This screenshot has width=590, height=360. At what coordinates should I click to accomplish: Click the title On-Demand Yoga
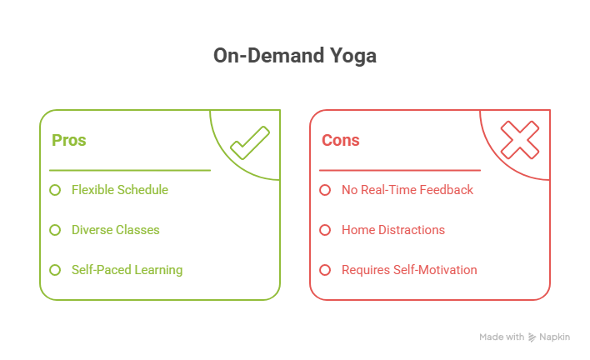click(x=295, y=56)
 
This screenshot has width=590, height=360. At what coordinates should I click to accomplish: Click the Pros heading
click(x=69, y=140)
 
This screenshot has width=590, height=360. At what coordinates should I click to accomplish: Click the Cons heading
click(x=341, y=140)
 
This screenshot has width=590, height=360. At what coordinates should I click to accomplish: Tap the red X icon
click(x=519, y=140)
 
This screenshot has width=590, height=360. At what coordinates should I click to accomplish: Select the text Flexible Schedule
click(x=120, y=190)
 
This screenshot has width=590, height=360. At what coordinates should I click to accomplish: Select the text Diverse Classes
click(x=116, y=230)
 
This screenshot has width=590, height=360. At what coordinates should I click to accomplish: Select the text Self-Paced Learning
click(x=127, y=270)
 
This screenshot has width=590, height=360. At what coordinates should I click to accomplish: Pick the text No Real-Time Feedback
click(x=407, y=190)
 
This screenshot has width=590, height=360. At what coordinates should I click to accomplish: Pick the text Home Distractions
click(x=393, y=230)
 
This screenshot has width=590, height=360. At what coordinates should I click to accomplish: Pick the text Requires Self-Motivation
click(x=409, y=270)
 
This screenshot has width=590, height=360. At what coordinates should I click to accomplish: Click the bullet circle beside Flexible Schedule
click(x=55, y=190)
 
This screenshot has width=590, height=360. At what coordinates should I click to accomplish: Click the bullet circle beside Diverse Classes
click(x=55, y=230)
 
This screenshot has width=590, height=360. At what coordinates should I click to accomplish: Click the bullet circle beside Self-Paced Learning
click(x=55, y=270)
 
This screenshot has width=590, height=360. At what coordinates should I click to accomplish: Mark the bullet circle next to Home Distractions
click(x=325, y=230)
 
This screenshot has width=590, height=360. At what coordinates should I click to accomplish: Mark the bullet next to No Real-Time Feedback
click(x=325, y=190)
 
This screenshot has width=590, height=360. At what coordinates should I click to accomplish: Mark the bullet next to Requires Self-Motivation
click(x=325, y=270)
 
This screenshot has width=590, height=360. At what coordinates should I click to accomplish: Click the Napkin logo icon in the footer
click(x=532, y=337)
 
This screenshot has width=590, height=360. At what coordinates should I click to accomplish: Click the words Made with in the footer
click(x=502, y=337)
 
